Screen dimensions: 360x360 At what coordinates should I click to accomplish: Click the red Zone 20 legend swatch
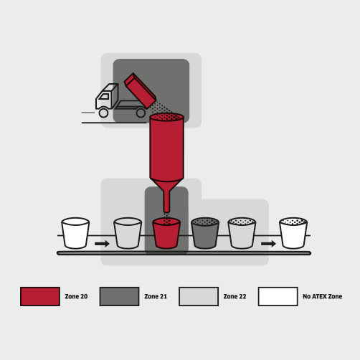tap(40, 296)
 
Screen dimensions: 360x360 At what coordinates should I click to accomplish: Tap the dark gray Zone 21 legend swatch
tap(119, 296)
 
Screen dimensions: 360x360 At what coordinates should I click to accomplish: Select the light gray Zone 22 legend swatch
tap(199, 296)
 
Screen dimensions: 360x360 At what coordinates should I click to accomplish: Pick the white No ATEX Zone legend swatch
tap(278, 296)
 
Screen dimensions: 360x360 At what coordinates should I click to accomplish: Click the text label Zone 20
tap(76, 296)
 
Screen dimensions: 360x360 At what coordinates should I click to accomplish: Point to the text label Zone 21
tap(156, 296)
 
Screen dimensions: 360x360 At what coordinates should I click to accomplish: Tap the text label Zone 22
tap(235, 296)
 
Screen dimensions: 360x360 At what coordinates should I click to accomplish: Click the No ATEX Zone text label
tap(323, 296)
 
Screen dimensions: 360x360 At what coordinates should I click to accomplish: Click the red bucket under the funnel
tap(166, 233)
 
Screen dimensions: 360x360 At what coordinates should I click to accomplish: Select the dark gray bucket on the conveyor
tap(205, 233)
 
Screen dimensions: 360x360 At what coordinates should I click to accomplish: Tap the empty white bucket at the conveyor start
tap(75, 233)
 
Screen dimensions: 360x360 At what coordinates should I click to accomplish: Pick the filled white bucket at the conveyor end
tap(293, 233)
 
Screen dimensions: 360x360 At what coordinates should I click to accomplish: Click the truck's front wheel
tap(103, 113)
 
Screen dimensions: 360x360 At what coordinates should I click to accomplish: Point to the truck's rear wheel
tap(141, 113)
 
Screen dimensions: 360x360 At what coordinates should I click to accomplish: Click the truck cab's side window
tap(104, 96)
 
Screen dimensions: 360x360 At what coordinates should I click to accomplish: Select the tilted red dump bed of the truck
tap(141, 90)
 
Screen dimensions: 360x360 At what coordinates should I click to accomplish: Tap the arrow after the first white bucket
tap(102, 244)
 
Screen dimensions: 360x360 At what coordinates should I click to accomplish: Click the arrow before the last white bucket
tap(268, 244)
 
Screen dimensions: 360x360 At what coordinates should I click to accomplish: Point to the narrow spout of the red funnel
tap(166, 200)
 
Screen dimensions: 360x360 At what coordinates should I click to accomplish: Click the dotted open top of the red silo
tap(167, 117)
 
